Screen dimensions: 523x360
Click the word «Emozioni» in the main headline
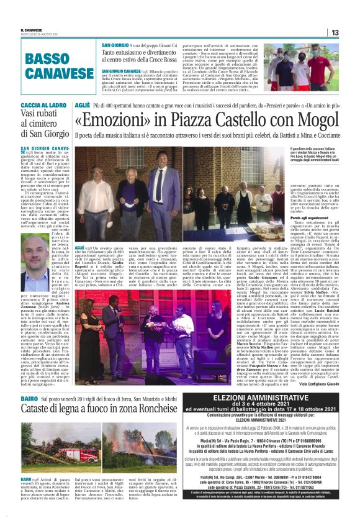(x=123, y=121)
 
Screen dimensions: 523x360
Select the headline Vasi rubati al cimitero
(x=48, y=128)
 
